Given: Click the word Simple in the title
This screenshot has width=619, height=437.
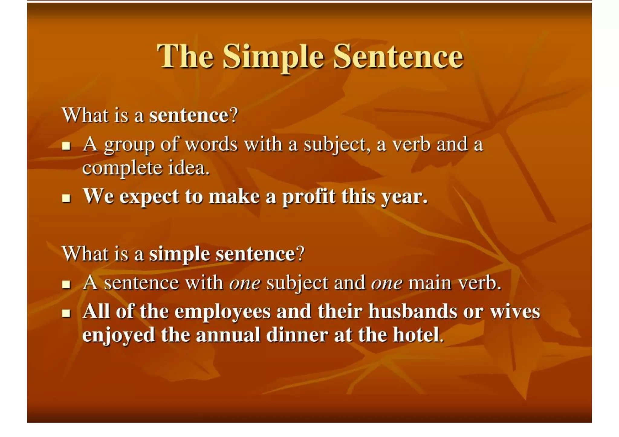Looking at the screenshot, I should click(x=274, y=56).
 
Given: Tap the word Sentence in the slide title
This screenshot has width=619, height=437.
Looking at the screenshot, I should click(x=398, y=56).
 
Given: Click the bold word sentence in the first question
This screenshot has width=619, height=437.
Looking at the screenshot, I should click(x=189, y=115).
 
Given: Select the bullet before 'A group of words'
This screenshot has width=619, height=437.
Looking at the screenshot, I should click(x=66, y=146).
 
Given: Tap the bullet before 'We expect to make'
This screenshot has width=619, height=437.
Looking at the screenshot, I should click(x=66, y=198).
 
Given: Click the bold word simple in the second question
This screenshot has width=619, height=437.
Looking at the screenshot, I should click(x=180, y=254).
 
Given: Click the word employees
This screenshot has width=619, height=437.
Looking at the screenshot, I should click(x=222, y=312).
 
